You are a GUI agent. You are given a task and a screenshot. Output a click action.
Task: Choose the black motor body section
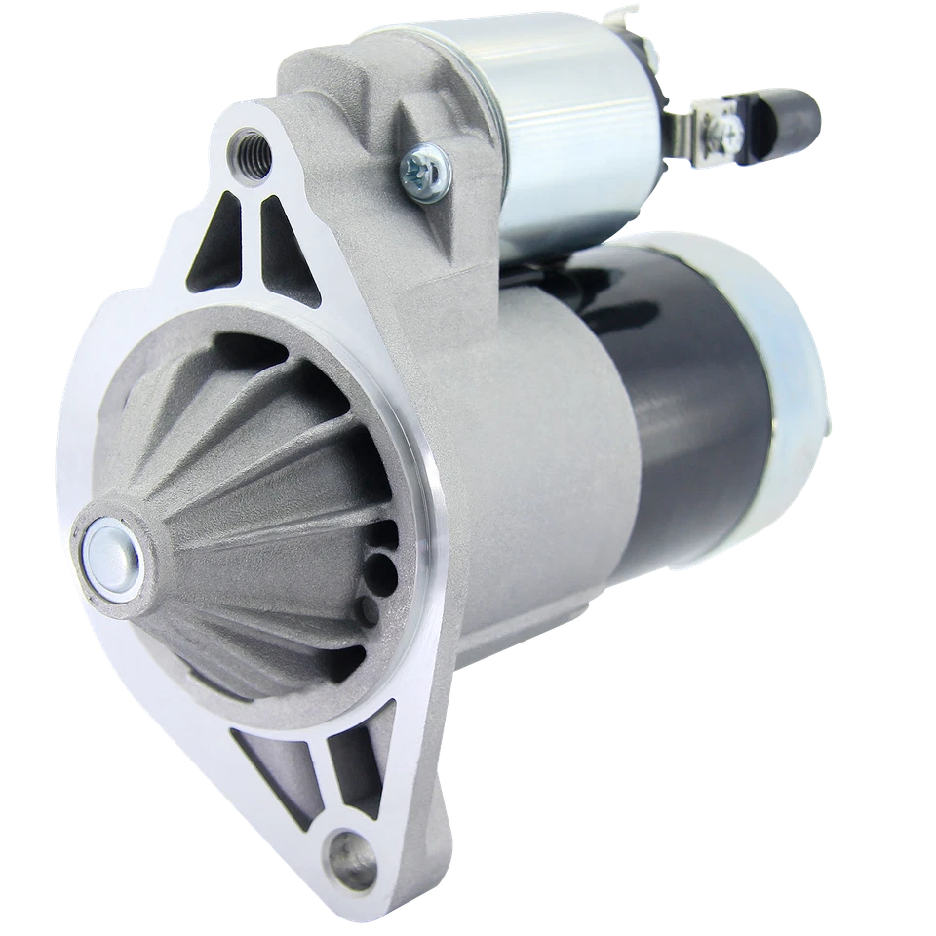[692, 390]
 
